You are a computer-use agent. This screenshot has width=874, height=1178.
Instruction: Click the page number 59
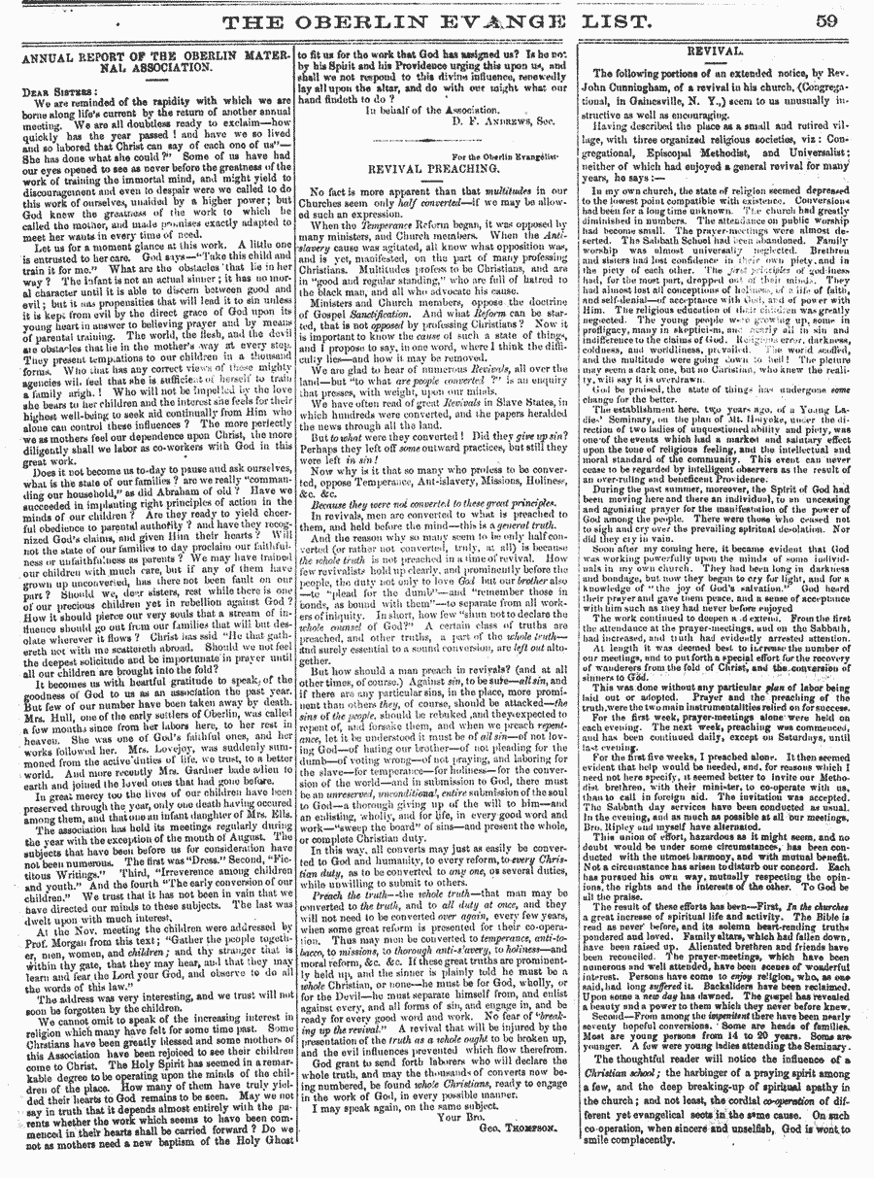[x=843, y=19]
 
